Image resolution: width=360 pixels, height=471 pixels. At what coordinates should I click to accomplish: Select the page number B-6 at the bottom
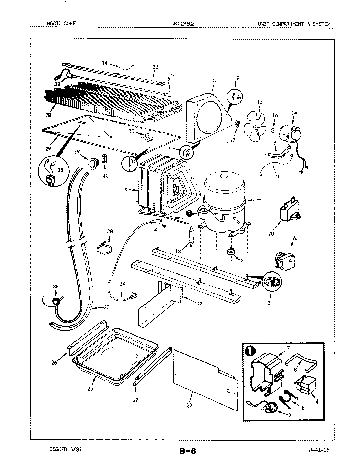[x=188, y=451]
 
